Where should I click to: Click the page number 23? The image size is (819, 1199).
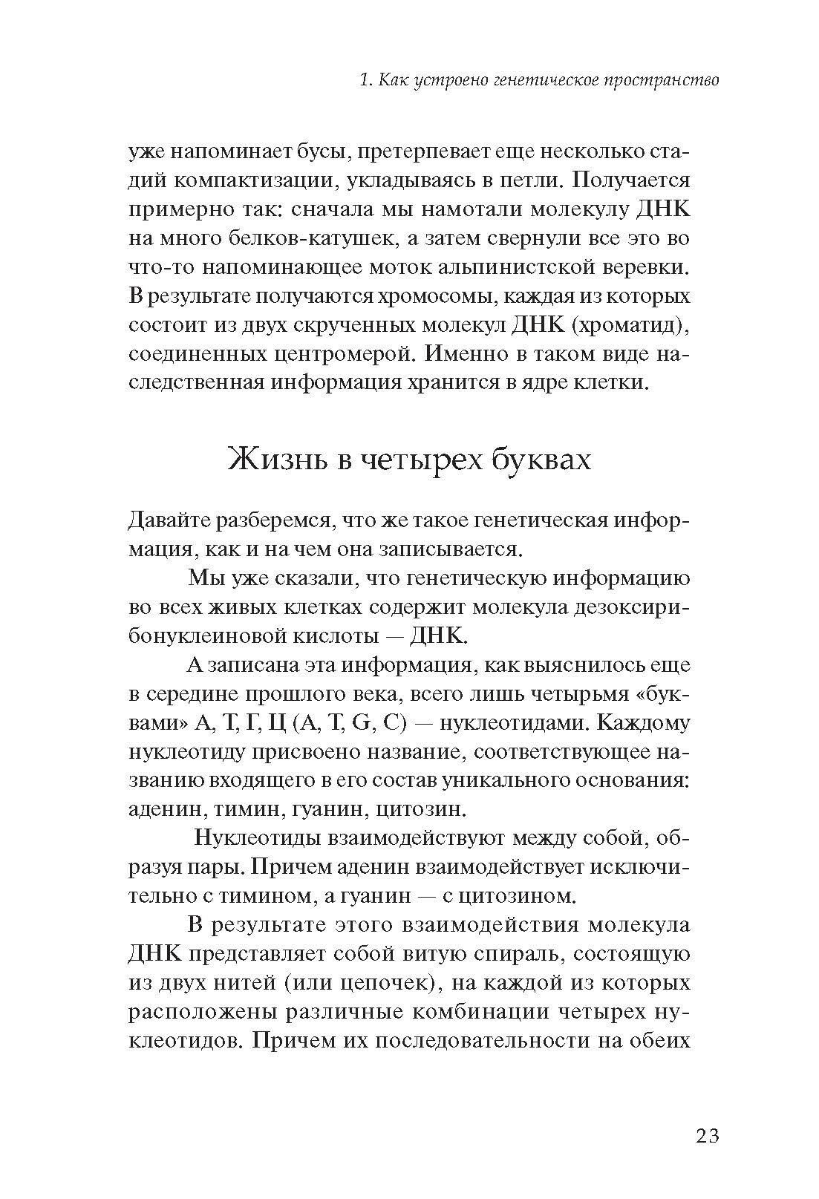pyautogui.click(x=707, y=1136)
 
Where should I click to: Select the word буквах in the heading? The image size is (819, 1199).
pyautogui.click(x=541, y=459)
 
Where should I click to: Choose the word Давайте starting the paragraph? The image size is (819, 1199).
pyautogui.click(x=169, y=520)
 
